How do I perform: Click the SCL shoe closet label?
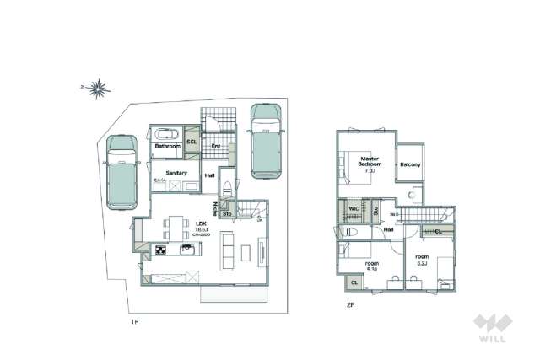point(192,142)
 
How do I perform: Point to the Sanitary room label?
point(175,173)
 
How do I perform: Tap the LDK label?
point(202,200)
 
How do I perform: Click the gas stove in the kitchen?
point(159,250)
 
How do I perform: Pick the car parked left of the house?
point(119,173)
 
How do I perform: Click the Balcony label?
point(410,164)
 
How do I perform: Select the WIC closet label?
point(354,208)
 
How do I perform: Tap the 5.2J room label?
point(423,258)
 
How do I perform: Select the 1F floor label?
point(134,321)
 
